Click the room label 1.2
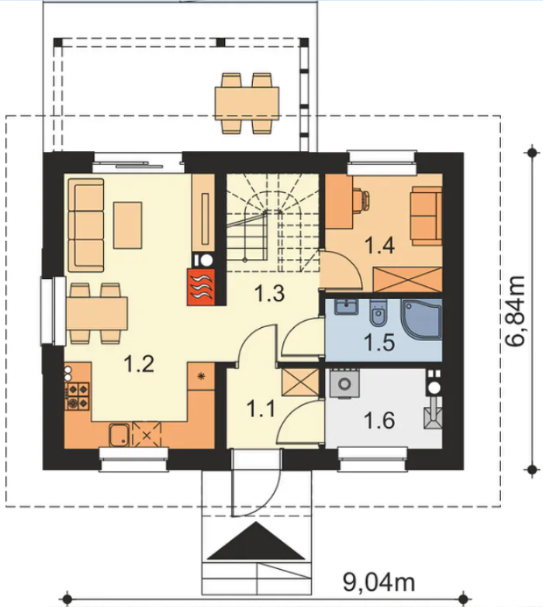139,364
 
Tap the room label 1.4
379,246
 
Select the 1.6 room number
379,420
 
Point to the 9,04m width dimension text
379,581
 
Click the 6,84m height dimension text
516,311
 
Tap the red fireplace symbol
201,287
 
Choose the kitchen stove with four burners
78,396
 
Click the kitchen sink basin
119,434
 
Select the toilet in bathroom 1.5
377,312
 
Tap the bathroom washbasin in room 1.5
346,306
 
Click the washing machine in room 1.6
344,384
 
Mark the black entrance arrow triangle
256,541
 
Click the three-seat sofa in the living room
86,226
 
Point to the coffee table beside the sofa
127,225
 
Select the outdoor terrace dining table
247,103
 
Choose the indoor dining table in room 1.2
97,313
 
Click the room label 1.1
261,409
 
